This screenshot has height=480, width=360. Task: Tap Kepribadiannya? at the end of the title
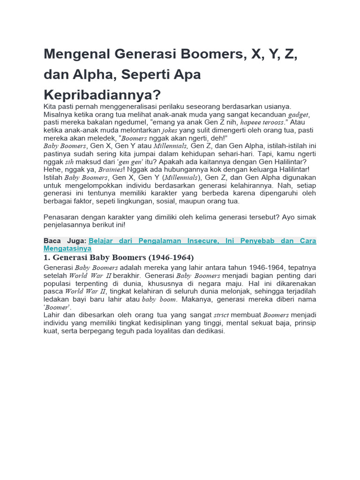point(102,95)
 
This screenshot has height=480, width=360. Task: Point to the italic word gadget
point(299,115)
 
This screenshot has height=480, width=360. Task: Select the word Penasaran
point(63,217)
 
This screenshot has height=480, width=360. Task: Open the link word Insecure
point(203,241)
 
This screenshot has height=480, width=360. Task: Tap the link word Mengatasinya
point(67,248)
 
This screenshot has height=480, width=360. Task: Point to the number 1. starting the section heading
point(47,258)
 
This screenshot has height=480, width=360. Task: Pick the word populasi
point(58,284)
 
